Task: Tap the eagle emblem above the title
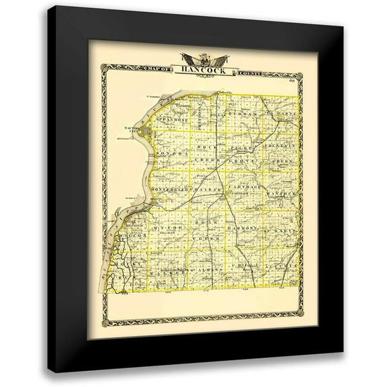[x=193, y=56]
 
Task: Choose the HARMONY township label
[x=243, y=229]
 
